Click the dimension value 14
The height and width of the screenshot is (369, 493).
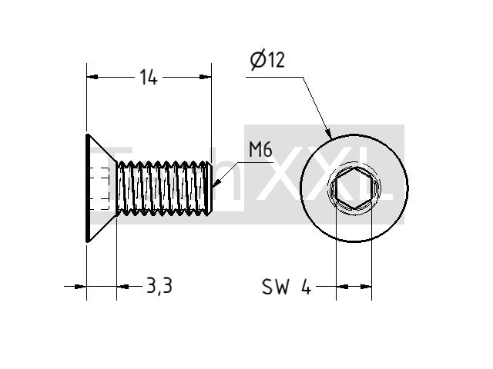click(149, 78)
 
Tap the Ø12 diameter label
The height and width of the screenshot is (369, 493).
click(267, 60)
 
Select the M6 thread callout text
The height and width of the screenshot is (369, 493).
click(260, 150)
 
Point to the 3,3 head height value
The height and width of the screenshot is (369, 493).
click(159, 286)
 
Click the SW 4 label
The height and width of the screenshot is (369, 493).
click(287, 287)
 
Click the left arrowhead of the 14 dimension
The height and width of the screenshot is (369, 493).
click(92, 77)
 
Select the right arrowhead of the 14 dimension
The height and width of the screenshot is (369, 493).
click(206, 77)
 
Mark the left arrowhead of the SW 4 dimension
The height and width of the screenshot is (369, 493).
click(342, 287)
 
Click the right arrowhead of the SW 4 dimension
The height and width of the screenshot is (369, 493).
click(366, 287)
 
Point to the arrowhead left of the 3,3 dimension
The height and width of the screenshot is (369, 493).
click(80, 286)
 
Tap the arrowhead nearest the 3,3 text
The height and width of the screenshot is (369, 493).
click(122, 286)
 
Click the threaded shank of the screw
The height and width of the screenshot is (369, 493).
click(163, 188)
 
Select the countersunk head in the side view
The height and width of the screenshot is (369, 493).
click(101, 188)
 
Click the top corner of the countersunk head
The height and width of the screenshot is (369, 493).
click(87, 135)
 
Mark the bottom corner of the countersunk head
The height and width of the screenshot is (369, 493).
click(87, 242)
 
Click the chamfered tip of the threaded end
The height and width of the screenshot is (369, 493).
click(210, 188)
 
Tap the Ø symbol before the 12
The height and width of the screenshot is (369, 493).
click(258, 61)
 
